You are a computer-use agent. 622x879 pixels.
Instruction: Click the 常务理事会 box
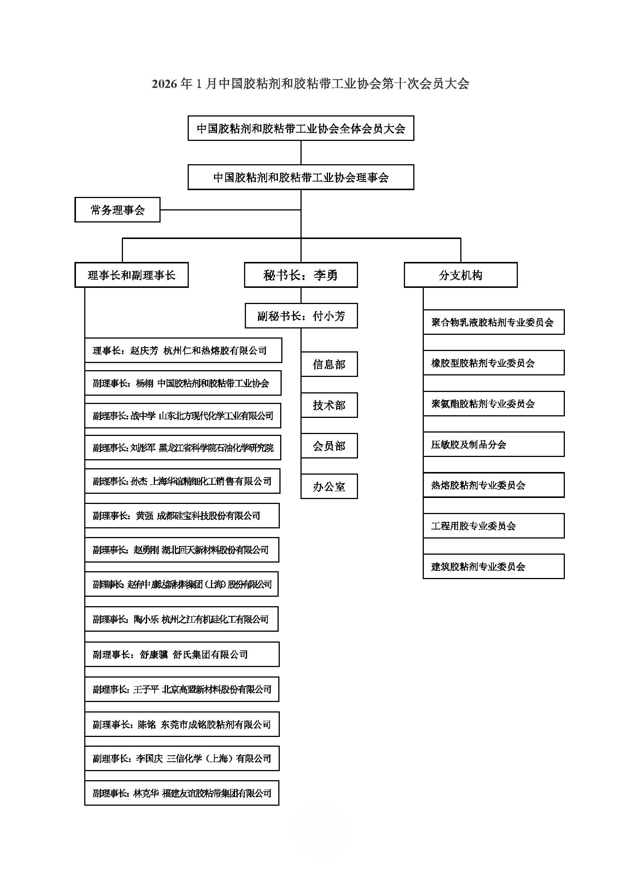point(117,210)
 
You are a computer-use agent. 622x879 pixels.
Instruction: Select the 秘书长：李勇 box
point(301,275)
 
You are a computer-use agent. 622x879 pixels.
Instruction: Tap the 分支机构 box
point(460,275)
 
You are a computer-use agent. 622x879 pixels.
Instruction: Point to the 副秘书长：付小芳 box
point(301,316)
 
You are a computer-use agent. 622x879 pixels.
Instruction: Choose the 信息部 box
point(329,364)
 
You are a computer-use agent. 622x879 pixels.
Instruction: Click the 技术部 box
point(329,405)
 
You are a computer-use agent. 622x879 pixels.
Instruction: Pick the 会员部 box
point(329,446)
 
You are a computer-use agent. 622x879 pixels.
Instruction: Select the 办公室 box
point(329,487)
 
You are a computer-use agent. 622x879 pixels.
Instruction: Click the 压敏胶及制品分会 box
point(493,445)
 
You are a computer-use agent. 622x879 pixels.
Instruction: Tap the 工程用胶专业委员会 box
point(493,526)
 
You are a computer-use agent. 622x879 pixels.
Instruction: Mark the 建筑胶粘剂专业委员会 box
point(493,567)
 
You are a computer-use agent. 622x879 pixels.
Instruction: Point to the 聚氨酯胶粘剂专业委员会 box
point(493,404)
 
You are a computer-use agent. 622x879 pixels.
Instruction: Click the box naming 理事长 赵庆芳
point(183,350)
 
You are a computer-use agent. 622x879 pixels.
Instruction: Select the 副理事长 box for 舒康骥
point(182,655)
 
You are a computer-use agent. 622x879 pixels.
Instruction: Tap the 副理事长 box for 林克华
point(182,793)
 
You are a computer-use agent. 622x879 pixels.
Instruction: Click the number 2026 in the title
point(164,84)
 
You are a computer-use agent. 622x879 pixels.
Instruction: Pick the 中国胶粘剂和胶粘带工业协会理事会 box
point(301,177)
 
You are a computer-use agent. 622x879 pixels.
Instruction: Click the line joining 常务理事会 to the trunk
point(230,210)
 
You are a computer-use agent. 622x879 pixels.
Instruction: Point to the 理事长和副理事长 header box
point(131,275)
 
